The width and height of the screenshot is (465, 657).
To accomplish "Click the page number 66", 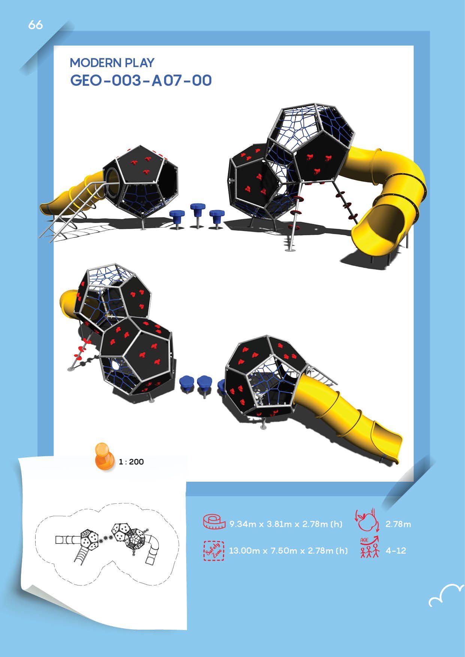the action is tap(35, 25).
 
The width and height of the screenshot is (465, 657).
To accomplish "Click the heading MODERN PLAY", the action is tap(112, 63).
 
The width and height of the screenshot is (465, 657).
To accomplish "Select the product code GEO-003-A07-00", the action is tap(141, 80).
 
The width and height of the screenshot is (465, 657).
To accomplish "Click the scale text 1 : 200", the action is tap(131, 462).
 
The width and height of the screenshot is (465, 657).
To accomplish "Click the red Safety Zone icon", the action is tap(214, 551).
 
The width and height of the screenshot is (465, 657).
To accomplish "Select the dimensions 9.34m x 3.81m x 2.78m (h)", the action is tap(286, 524).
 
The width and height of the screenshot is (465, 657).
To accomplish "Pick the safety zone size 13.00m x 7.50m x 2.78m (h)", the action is tap(288, 551).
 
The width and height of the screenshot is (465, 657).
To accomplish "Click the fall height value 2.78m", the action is tap(398, 524).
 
